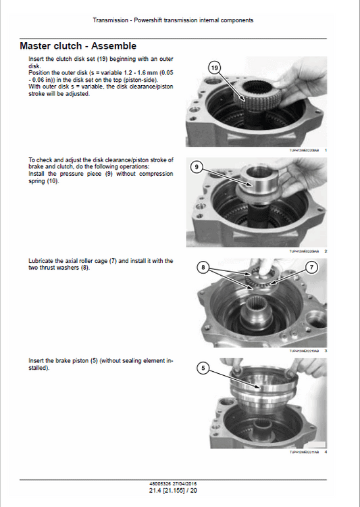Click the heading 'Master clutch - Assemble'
point(78,46)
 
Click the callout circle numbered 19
point(215,68)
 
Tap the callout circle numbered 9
point(196,166)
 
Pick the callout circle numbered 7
point(311,268)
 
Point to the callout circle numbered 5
point(203,368)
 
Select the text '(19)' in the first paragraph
point(95,59)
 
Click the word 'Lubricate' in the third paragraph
point(41,260)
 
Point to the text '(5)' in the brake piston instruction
point(95,362)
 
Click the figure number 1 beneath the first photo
point(326,149)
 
